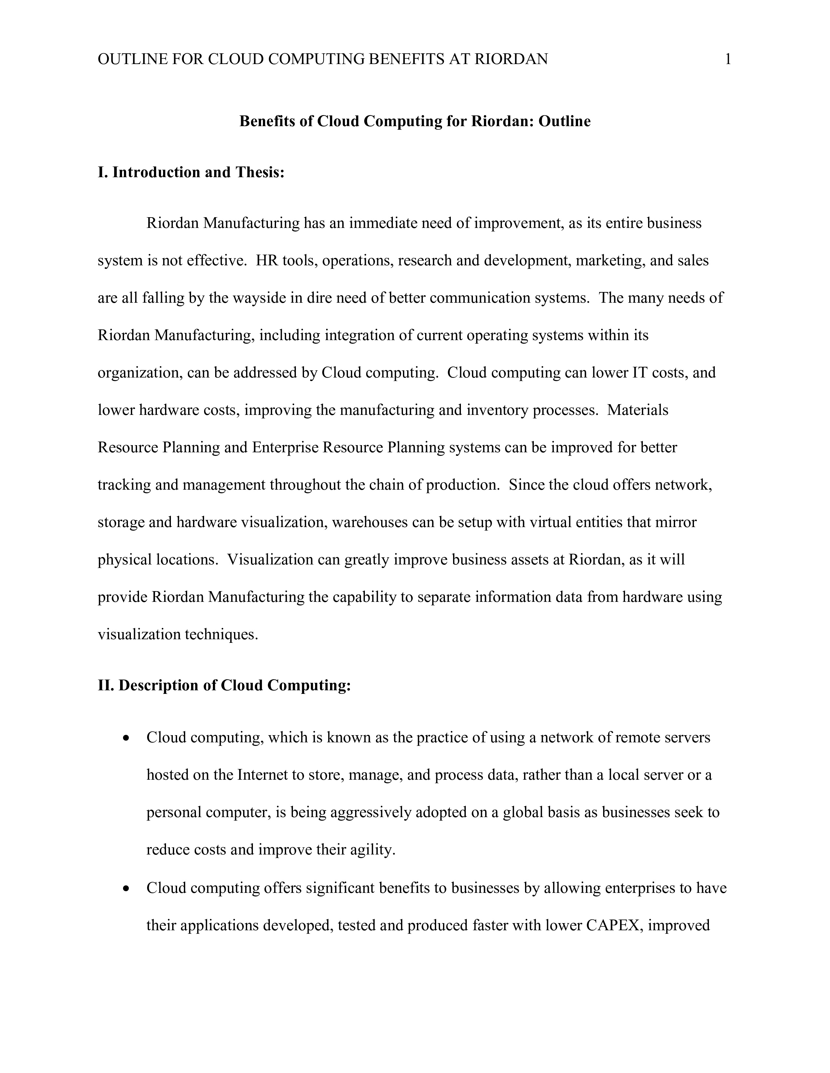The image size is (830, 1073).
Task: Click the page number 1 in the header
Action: (x=728, y=60)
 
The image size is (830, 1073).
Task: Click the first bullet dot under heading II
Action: (x=127, y=738)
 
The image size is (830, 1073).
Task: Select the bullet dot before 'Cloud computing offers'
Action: (x=127, y=889)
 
